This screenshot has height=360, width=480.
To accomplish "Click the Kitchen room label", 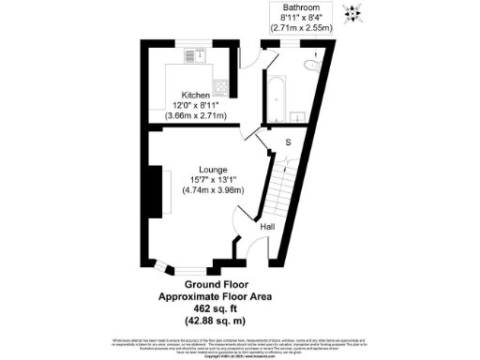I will point(196,96).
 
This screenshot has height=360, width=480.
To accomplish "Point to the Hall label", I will point(267,227).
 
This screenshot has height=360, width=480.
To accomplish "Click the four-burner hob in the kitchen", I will point(221,88).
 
